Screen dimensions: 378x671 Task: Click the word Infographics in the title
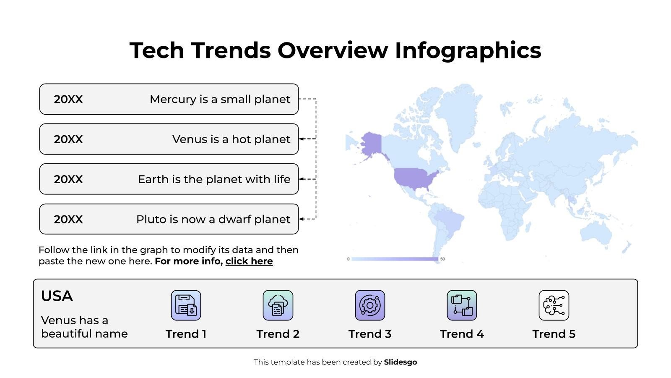[468, 50]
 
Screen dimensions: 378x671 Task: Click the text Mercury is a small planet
[220, 99]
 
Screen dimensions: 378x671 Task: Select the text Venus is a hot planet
[231, 139]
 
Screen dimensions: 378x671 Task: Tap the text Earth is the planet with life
[214, 179]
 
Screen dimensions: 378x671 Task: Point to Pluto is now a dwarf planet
[213, 219]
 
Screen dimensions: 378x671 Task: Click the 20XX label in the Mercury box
[68, 99]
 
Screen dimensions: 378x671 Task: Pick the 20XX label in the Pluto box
[68, 219]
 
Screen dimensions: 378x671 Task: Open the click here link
[249, 261]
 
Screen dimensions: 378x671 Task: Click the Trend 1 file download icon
[186, 305]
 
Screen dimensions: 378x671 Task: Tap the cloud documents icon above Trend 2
[278, 305]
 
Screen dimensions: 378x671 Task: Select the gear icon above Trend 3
[370, 305]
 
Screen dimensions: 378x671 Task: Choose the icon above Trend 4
[462, 305]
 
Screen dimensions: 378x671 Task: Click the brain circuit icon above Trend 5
[554, 305]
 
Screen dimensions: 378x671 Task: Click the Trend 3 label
[370, 334]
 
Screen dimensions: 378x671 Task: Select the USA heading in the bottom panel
[57, 296]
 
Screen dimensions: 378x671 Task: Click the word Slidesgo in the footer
[401, 362]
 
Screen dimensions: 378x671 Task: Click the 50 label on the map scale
[442, 259]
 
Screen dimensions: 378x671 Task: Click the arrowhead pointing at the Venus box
[301, 139]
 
